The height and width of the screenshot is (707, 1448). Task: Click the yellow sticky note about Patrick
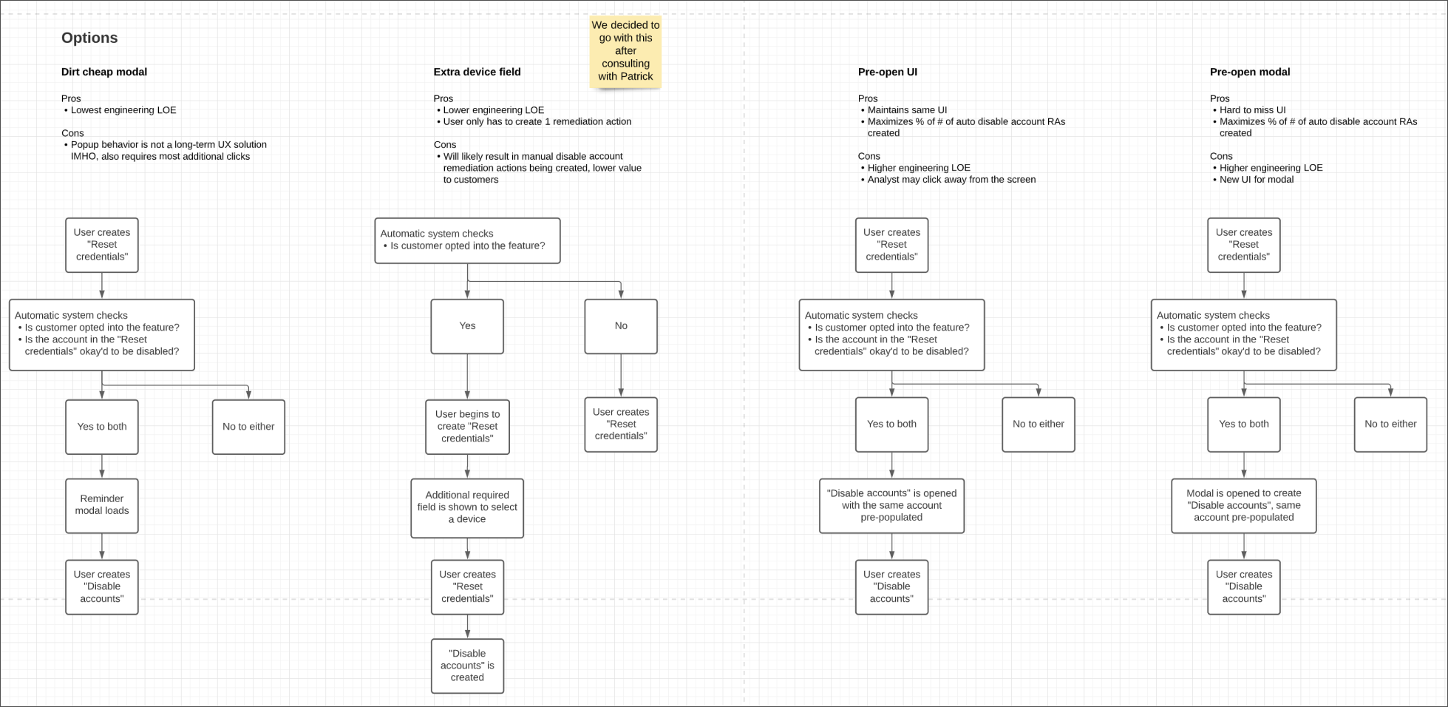[x=625, y=50]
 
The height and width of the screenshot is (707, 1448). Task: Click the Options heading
[x=89, y=38]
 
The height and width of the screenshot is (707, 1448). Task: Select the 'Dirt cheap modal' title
[x=104, y=72]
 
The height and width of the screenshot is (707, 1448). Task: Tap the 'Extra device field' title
[x=477, y=72]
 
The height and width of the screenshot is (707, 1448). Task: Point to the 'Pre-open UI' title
[x=887, y=72]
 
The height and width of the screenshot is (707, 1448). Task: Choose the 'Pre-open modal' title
[x=1249, y=72]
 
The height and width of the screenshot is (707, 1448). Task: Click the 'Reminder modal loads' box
[x=102, y=505]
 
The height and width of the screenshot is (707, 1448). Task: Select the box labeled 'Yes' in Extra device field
[x=467, y=326]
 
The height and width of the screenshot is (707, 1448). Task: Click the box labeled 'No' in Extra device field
[x=620, y=326]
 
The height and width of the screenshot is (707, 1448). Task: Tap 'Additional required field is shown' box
[x=467, y=507]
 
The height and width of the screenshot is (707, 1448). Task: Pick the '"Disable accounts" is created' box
[x=467, y=666]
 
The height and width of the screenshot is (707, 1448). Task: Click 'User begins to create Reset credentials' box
[x=467, y=427]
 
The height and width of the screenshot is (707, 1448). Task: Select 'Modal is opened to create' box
[x=1243, y=505]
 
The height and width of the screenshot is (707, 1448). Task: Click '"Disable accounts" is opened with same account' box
[x=891, y=505]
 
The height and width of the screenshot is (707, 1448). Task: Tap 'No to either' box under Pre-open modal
[x=1390, y=424]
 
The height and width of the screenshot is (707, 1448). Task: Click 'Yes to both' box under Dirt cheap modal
[x=102, y=427]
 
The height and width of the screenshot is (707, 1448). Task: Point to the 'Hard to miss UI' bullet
[x=1252, y=110]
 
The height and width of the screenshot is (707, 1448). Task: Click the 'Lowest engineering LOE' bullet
[x=123, y=110]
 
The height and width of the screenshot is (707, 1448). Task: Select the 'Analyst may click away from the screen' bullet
[x=951, y=180]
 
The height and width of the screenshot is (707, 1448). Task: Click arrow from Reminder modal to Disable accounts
[x=102, y=547]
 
